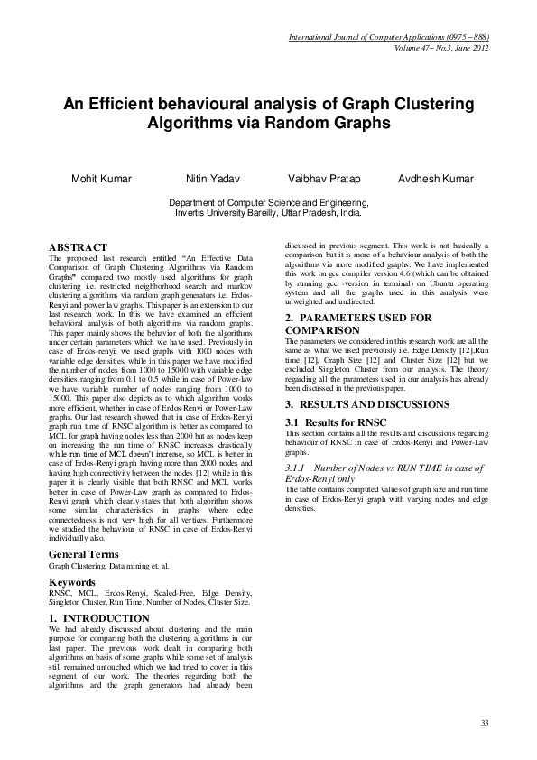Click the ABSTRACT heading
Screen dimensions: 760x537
tap(78, 246)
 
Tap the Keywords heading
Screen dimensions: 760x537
tap(72, 583)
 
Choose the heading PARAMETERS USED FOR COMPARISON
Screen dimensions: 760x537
tap(352, 324)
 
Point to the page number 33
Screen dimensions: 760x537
tap(484, 723)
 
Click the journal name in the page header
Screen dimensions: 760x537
tap(388, 38)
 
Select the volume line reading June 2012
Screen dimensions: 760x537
tap(441, 47)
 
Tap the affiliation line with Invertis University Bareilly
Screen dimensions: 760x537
tap(268, 216)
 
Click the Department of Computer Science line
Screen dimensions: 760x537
tap(268, 205)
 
